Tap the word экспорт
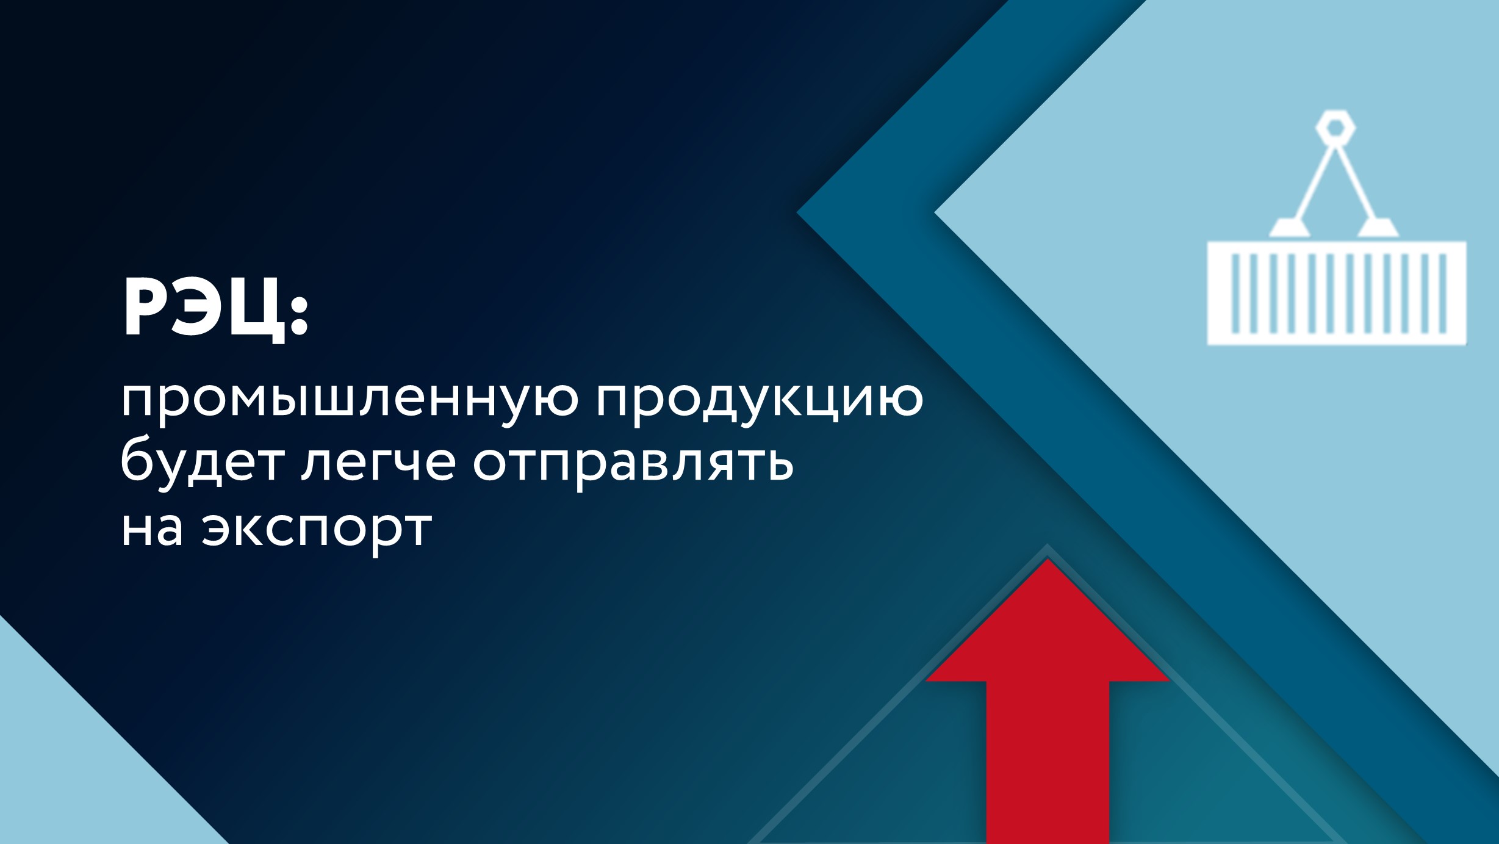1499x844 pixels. (317, 531)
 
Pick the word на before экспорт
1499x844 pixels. (152, 528)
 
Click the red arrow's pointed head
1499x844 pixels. (1047, 629)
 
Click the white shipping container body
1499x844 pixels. (1336, 294)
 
